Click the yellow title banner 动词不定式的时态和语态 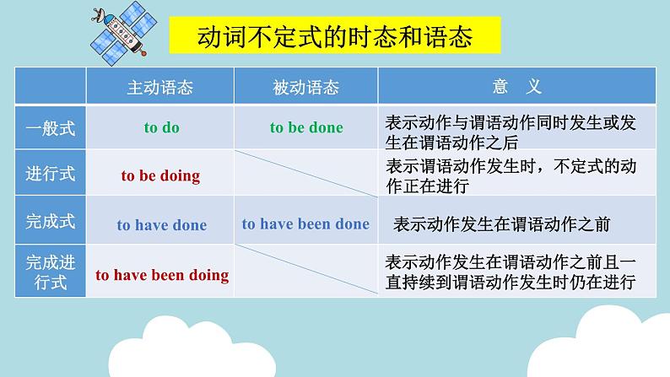point(334,35)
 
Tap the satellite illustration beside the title point(123,33)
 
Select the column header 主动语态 point(160,88)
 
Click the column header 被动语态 point(306,88)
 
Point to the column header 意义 point(517,87)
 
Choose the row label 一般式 point(51,128)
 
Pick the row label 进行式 point(51,174)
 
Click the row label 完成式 point(51,221)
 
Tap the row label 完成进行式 point(51,272)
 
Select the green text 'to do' point(161,127)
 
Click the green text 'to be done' point(306,127)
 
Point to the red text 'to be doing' point(160,175)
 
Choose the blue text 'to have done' point(162,224)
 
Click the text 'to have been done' point(305,224)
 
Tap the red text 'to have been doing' point(162,276)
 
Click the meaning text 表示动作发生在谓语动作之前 point(501,224)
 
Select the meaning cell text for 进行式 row point(511,176)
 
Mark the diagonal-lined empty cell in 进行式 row point(306,173)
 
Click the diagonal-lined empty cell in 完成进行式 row point(306,270)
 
